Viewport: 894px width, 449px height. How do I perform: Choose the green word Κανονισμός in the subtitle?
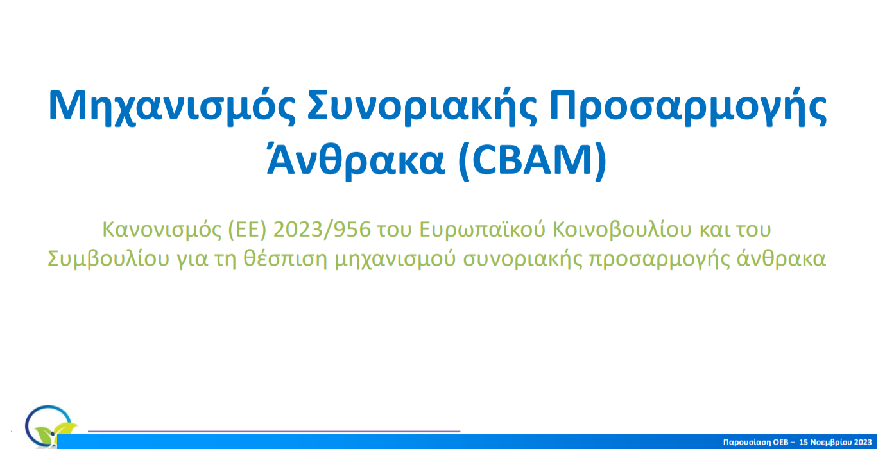162,230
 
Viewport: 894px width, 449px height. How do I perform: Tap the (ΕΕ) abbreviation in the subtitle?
246,230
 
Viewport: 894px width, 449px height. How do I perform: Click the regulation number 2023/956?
322,230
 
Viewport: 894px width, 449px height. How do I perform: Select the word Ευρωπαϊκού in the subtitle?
482,230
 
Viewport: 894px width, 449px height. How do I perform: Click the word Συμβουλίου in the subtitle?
108,259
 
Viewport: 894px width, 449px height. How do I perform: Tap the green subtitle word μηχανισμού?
395,260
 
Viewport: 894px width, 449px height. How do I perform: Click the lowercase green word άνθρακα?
781,258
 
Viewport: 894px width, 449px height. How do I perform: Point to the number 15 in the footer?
804,442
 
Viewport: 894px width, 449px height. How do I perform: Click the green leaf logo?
55,434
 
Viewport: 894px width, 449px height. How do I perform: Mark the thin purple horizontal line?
274,431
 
